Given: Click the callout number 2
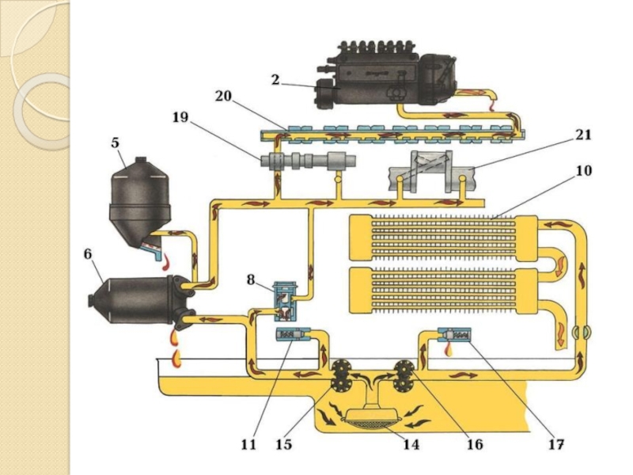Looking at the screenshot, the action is tap(275, 80).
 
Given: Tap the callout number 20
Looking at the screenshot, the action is tap(223, 96).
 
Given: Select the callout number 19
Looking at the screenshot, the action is tap(180, 117).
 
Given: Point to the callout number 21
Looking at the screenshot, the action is tap(583, 134).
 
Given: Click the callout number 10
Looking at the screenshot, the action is tap(584, 170).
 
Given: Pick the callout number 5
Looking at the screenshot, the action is tap(116, 142).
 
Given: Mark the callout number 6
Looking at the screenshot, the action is tap(88, 254).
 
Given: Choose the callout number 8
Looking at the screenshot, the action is tap(251, 279).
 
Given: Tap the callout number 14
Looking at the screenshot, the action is tap(411, 444).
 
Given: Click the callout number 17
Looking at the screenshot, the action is tap(555, 444).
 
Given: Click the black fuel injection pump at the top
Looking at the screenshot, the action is tap(386, 74).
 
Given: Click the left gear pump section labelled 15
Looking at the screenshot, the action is tap(340, 375).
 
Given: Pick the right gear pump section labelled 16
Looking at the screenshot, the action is tap(404, 375).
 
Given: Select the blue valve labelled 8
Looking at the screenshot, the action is tap(286, 302).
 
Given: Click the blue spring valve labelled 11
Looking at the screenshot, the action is tap(293, 334).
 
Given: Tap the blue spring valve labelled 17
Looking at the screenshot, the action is tap(454, 335).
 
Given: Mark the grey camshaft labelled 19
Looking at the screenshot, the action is tap(309, 161).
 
